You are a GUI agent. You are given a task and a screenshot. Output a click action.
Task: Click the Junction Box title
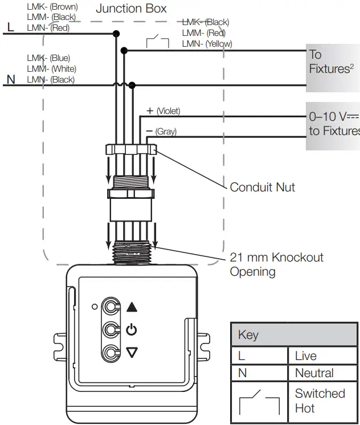pyautogui.click(x=131, y=9)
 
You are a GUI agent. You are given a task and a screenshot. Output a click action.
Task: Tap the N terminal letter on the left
pyautogui.click(x=11, y=80)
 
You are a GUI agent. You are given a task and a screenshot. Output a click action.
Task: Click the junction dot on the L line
pyautogui.click(x=116, y=34)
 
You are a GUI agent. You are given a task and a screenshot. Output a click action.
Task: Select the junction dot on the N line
pyautogui.click(x=132, y=85)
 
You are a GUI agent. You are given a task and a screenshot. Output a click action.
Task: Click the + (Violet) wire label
pyautogui.click(x=163, y=111)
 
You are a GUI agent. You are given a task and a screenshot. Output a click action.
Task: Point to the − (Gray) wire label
pyautogui.click(x=161, y=132)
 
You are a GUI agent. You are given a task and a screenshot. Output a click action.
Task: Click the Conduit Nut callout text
pyautogui.click(x=262, y=187)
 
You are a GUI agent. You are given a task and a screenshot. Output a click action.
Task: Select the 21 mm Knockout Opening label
pyautogui.click(x=276, y=264)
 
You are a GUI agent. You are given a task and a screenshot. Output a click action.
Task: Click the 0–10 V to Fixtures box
pyautogui.click(x=333, y=124)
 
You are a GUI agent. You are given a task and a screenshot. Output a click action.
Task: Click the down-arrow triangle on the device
pyautogui.click(x=132, y=353)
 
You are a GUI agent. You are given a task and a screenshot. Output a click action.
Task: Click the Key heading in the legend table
pyautogui.click(x=248, y=335)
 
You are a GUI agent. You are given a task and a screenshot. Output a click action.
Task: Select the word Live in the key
pyautogui.click(x=306, y=356)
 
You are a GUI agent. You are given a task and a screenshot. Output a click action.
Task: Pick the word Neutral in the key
pyautogui.click(x=314, y=373)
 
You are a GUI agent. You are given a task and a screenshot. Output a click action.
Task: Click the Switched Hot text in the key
pyautogui.click(x=320, y=401)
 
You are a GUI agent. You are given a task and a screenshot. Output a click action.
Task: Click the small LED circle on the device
pyautogui.click(x=95, y=307)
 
